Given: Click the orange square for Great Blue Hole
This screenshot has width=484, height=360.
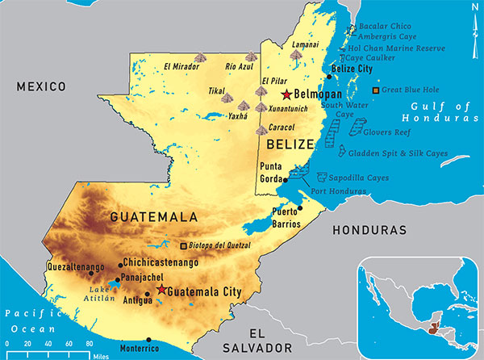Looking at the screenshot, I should tap(375, 90).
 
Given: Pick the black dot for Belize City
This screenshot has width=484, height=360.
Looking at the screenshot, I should tap(329, 77).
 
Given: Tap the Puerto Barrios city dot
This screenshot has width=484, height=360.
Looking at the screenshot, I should tap(299, 207).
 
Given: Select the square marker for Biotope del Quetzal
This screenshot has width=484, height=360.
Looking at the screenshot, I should tap(184, 245).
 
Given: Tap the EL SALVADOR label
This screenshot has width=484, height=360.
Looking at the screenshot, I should tap(268, 339).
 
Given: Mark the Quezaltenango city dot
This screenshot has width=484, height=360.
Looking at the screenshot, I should tap(90, 273).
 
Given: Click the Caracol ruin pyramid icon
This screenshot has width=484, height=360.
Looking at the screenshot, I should tap(261, 129).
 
